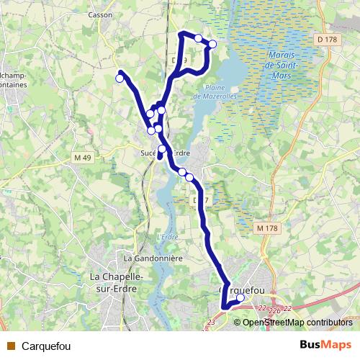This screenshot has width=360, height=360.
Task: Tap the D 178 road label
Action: point(326,39)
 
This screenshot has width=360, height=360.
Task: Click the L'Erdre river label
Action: point(167,237)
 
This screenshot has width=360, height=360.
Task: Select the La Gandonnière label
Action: point(153,258)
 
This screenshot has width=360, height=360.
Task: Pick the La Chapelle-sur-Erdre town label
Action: point(116,282)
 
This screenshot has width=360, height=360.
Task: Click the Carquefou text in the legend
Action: point(47,346)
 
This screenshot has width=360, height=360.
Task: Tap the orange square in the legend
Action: point(11,346)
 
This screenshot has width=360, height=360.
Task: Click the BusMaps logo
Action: point(325,345)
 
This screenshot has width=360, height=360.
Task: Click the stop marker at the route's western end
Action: point(120,78)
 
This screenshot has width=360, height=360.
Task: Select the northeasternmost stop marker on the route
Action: point(212,44)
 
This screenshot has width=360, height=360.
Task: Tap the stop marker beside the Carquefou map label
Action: point(240,298)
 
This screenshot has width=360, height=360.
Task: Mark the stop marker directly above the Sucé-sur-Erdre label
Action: point(162,149)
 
